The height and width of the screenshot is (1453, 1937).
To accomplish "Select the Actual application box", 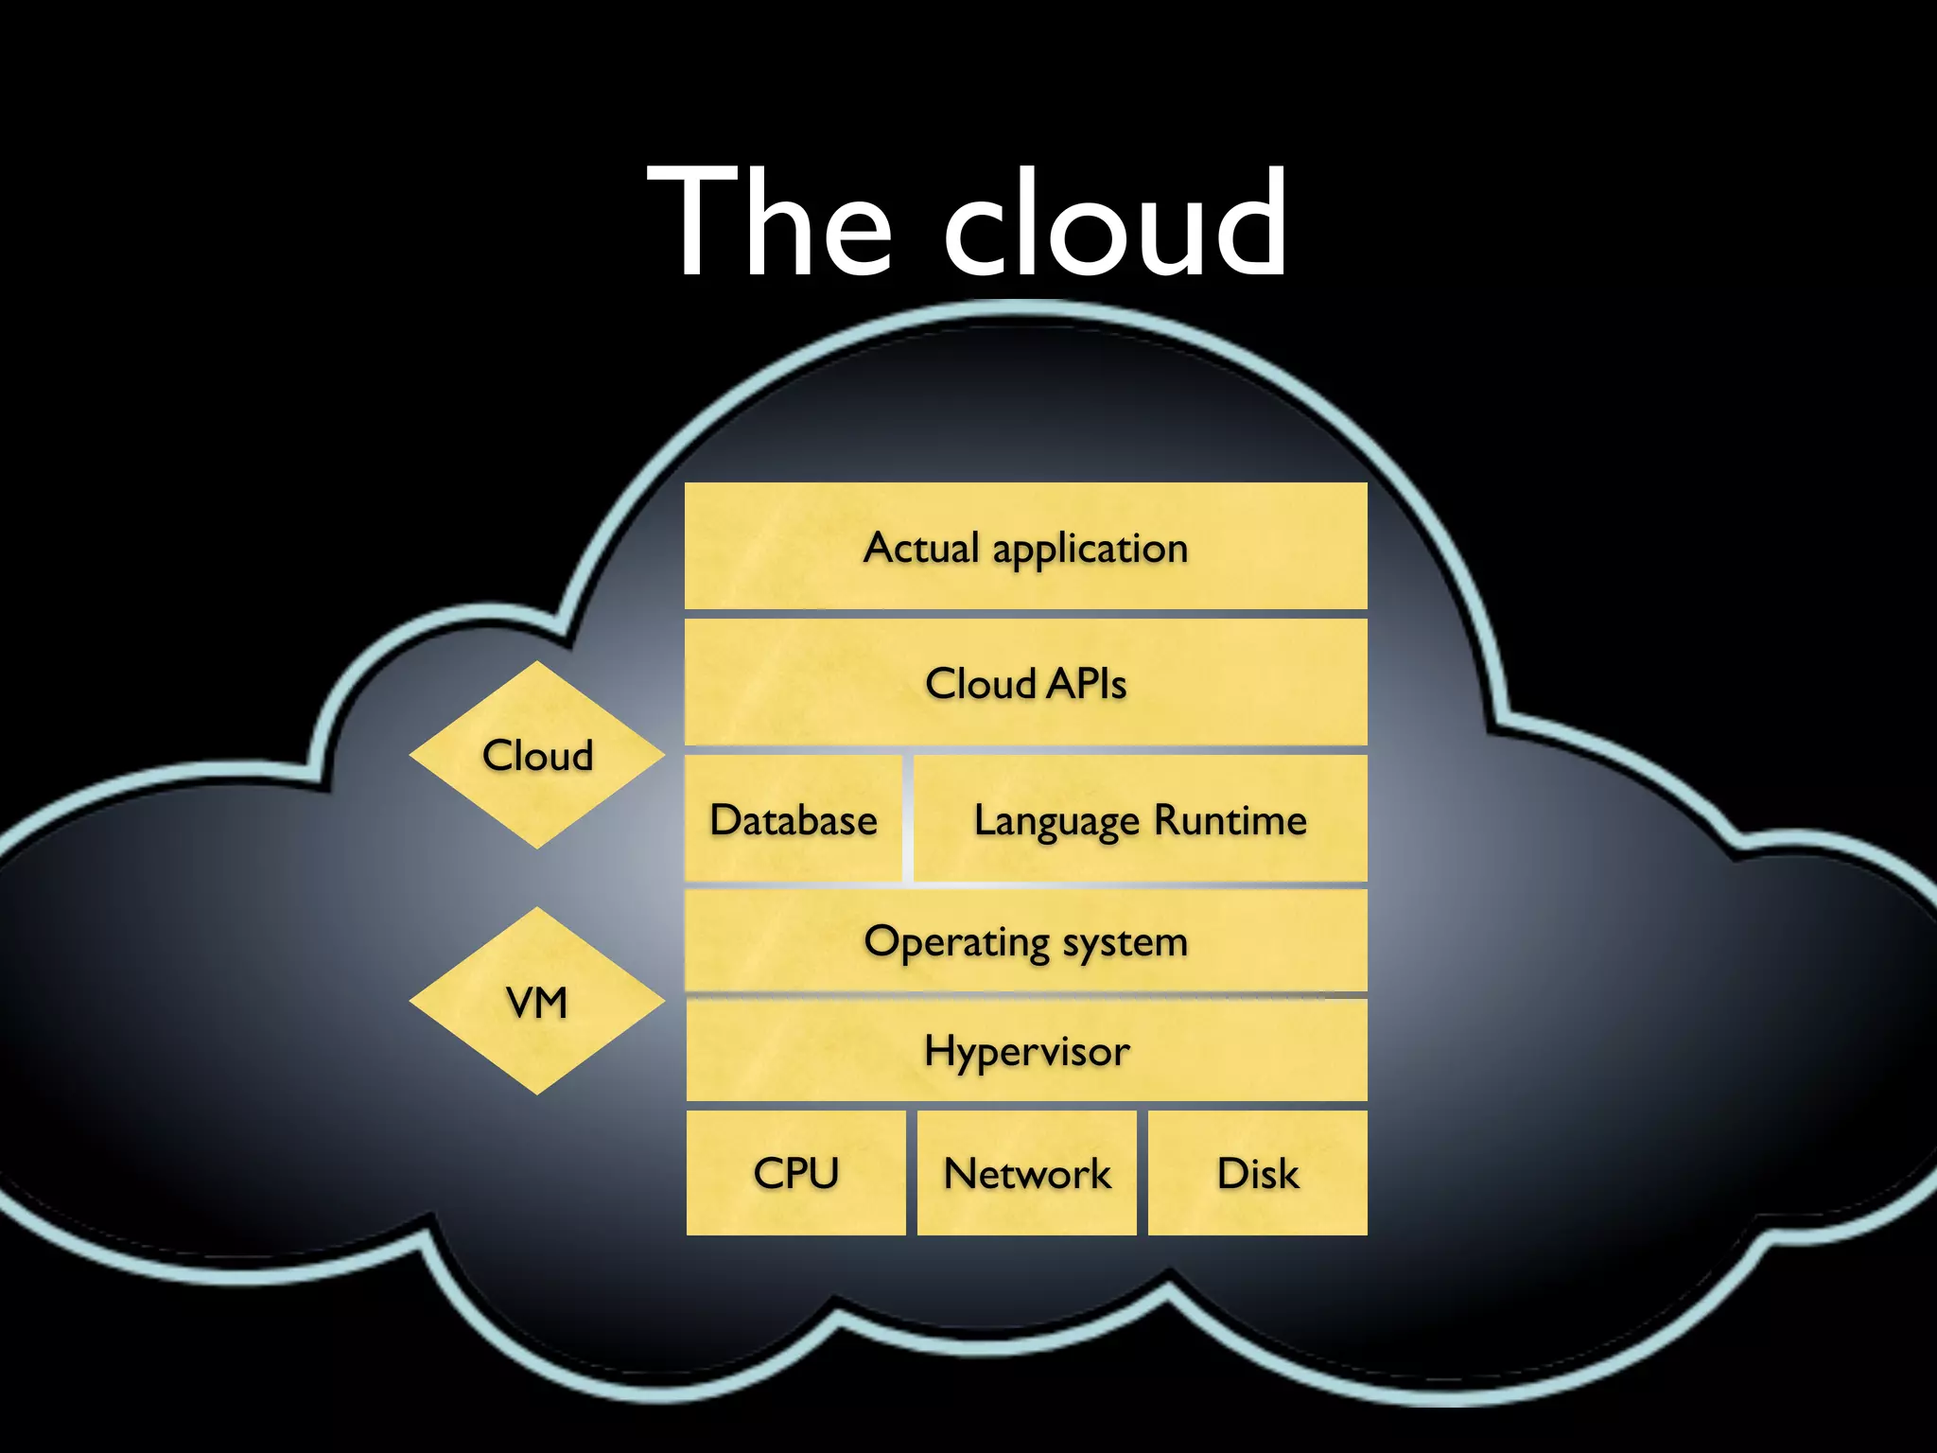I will (1025, 547).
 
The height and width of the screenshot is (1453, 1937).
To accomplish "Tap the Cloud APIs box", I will (1025, 682).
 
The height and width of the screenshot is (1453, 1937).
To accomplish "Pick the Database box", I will (794, 819).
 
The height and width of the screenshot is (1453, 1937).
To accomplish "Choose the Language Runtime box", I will (1140, 819).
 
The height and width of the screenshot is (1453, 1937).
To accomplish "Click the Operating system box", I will (1025, 941).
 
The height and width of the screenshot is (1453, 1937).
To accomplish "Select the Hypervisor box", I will (1025, 1051).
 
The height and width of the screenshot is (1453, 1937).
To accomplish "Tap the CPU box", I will (795, 1173).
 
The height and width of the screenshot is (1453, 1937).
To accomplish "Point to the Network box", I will (1026, 1173).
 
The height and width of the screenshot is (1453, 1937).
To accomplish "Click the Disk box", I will (1257, 1173).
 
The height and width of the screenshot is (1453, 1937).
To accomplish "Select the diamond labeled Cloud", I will (537, 755).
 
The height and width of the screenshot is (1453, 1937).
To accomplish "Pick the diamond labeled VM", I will (537, 1002).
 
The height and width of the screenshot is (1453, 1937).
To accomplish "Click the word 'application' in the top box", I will (1090, 550).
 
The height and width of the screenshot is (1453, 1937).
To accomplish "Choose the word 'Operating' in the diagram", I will (956, 943).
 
